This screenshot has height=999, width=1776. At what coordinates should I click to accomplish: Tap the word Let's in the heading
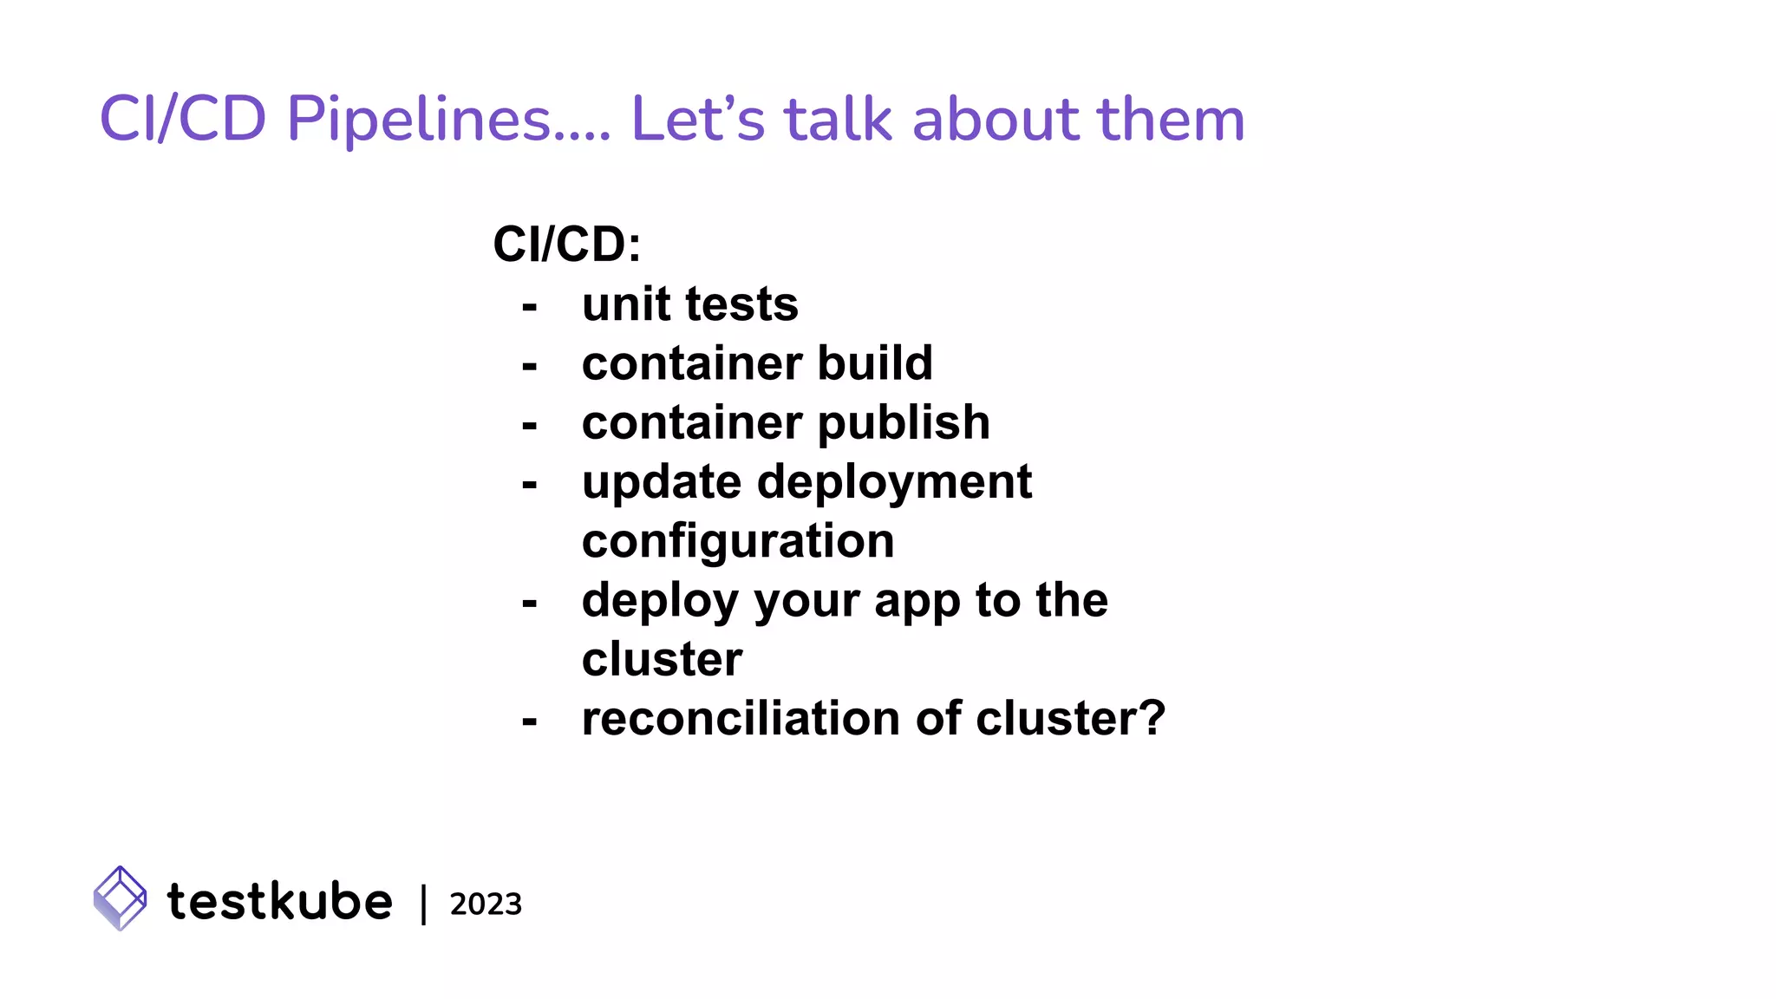[698, 119]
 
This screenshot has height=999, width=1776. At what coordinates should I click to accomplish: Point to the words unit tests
[689, 304]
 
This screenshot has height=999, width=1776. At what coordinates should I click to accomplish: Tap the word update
[662, 482]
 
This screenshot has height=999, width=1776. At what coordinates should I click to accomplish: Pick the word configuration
[737, 541]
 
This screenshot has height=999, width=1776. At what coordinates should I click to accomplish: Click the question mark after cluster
[1151, 719]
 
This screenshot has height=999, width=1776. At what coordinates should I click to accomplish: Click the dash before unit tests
[530, 307]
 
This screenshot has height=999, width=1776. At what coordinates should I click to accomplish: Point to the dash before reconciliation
[530, 721]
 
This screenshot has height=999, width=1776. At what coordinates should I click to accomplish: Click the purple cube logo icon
[120, 898]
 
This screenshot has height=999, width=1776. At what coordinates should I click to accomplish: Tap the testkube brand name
[279, 901]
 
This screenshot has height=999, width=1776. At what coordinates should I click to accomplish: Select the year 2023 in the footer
[486, 904]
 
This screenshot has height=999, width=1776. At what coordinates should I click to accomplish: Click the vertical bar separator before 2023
[423, 904]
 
